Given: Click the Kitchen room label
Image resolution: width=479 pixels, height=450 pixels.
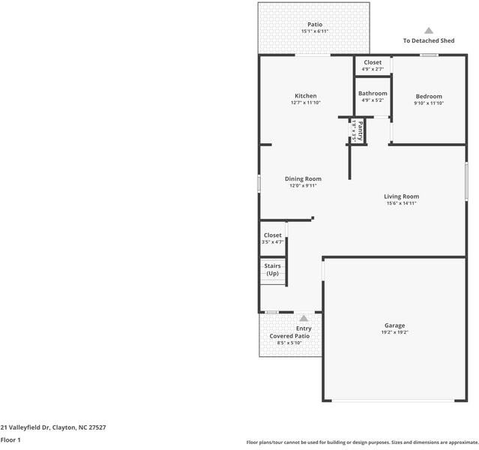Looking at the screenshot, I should coord(305,96).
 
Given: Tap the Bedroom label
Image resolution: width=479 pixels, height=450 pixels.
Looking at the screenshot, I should coord(429,96).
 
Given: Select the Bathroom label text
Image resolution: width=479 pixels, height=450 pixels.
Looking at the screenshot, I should coord(373,93).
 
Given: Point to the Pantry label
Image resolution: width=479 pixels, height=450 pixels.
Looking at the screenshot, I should coord(360,130).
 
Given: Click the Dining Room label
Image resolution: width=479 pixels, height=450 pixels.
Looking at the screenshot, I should coord(303,178).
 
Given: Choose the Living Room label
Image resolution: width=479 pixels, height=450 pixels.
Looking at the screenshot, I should coord(401,196).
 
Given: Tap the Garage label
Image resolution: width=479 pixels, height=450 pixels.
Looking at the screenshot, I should coord(395,325).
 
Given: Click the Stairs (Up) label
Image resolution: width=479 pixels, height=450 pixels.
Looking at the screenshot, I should coord(272,269).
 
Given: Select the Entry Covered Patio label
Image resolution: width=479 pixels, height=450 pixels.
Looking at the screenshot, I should coord(289,332).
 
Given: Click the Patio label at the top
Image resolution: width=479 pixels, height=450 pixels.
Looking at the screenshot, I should coord(315,24).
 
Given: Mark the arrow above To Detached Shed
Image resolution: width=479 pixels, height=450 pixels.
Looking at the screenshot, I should coord(429,31).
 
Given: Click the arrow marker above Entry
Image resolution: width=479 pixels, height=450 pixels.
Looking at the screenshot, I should coord(304,318).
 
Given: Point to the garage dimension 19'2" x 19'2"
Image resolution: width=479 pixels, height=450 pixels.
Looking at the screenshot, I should coord(395,332).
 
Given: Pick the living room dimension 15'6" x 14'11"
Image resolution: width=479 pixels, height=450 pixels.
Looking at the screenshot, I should coord(401,202).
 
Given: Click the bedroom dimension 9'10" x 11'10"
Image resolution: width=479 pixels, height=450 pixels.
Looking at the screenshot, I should coord(429,103).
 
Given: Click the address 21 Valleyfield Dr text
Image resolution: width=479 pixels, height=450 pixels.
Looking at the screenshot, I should coord(53,427).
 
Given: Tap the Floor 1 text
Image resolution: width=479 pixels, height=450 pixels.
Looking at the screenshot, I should coord(10,440).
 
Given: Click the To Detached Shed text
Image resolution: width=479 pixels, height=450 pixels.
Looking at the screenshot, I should coord(429,40).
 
